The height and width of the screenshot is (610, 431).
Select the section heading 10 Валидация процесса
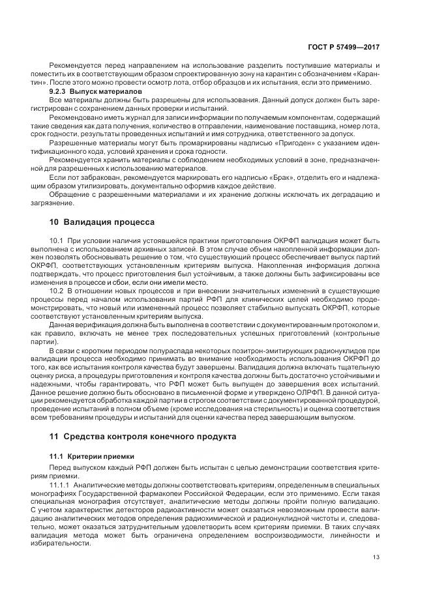pyautogui.click(x=102, y=222)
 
